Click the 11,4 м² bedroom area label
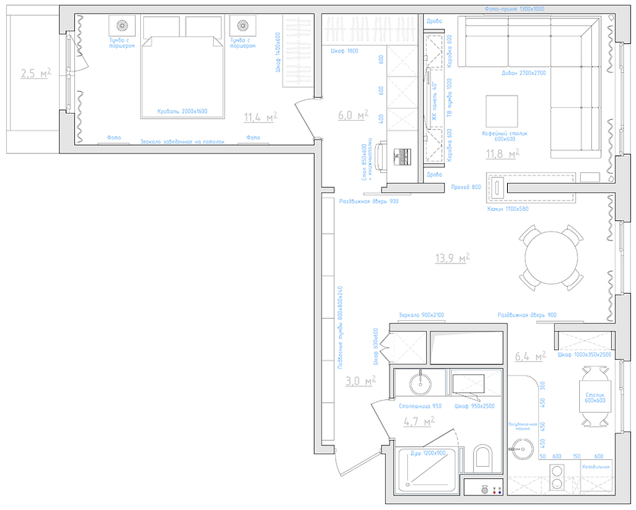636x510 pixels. (x=260, y=117)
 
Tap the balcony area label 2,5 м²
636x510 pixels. (x=36, y=74)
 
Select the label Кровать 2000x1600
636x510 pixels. (x=182, y=111)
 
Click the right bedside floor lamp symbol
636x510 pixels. (x=243, y=25)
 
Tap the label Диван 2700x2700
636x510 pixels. (x=524, y=74)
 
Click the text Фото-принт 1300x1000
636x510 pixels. (x=514, y=8)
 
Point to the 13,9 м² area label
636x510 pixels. (x=452, y=258)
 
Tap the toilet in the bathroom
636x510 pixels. (x=482, y=458)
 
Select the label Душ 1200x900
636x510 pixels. (x=428, y=453)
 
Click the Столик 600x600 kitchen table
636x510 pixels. (x=594, y=395)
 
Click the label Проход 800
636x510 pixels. (x=466, y=187)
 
